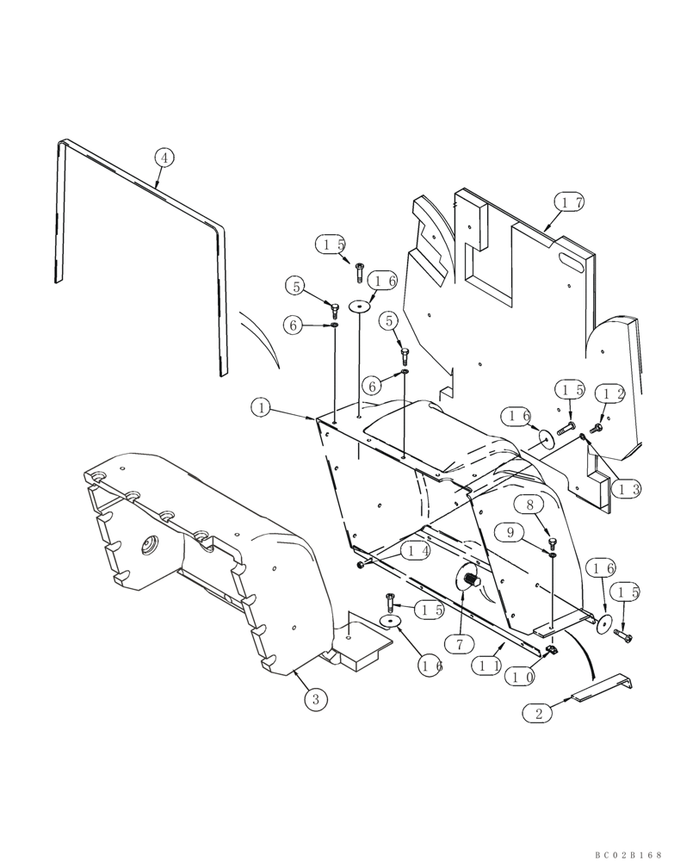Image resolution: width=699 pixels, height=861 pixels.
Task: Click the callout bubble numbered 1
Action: coord(261,406)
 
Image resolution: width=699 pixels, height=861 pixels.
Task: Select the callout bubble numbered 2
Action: coord(540,714)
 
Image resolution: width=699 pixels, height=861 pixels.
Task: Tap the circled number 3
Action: coord(315,699)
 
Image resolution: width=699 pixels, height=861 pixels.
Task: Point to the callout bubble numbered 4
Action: coord(164,158)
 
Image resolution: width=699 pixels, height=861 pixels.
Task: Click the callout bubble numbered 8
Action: coord(529,505)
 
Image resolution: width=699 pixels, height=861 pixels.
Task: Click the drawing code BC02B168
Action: coord(629,855)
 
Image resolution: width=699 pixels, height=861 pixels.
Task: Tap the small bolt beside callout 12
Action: coord(597,425)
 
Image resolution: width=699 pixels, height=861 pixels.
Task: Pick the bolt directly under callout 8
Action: coord(552,542)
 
